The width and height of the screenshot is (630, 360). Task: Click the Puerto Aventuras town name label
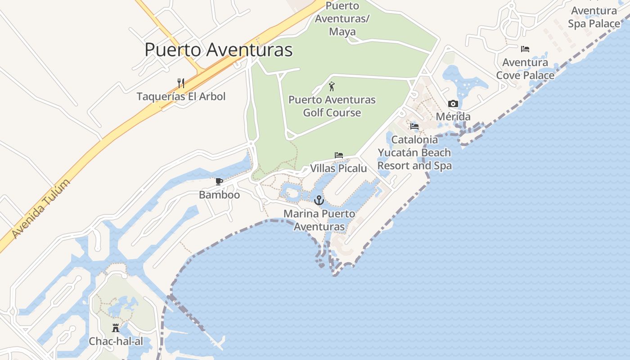click(218, 49)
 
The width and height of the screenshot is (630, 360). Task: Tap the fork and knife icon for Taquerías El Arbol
click(181, 83)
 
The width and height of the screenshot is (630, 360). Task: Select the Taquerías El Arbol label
click(181, 96)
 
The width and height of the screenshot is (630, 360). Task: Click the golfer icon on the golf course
click(332, 86)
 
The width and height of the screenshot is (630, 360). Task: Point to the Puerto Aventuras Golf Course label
click(332, 106)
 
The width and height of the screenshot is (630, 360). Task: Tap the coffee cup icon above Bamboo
click(219, 182)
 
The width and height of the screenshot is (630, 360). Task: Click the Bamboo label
click(219, 195)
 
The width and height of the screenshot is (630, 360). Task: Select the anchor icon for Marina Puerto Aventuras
click(319, 200)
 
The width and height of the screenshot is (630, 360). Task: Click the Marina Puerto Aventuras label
click(319, 220)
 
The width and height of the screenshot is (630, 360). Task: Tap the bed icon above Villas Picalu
click(339, 155)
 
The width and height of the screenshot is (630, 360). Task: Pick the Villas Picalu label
click(338, 168)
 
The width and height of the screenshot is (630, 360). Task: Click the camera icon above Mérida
click(453, 104)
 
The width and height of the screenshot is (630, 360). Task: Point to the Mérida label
click(453, 117)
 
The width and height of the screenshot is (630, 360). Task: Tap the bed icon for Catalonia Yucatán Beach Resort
click(414, 126)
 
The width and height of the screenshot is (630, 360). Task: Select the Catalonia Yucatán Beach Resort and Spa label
click(414, 153)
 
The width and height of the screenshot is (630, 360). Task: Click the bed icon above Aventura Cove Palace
click(525, 49)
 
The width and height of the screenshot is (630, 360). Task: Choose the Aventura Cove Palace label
click(525, 69)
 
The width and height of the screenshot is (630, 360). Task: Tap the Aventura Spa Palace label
click(594, 17)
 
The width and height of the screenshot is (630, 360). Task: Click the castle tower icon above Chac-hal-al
click(116, 328)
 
